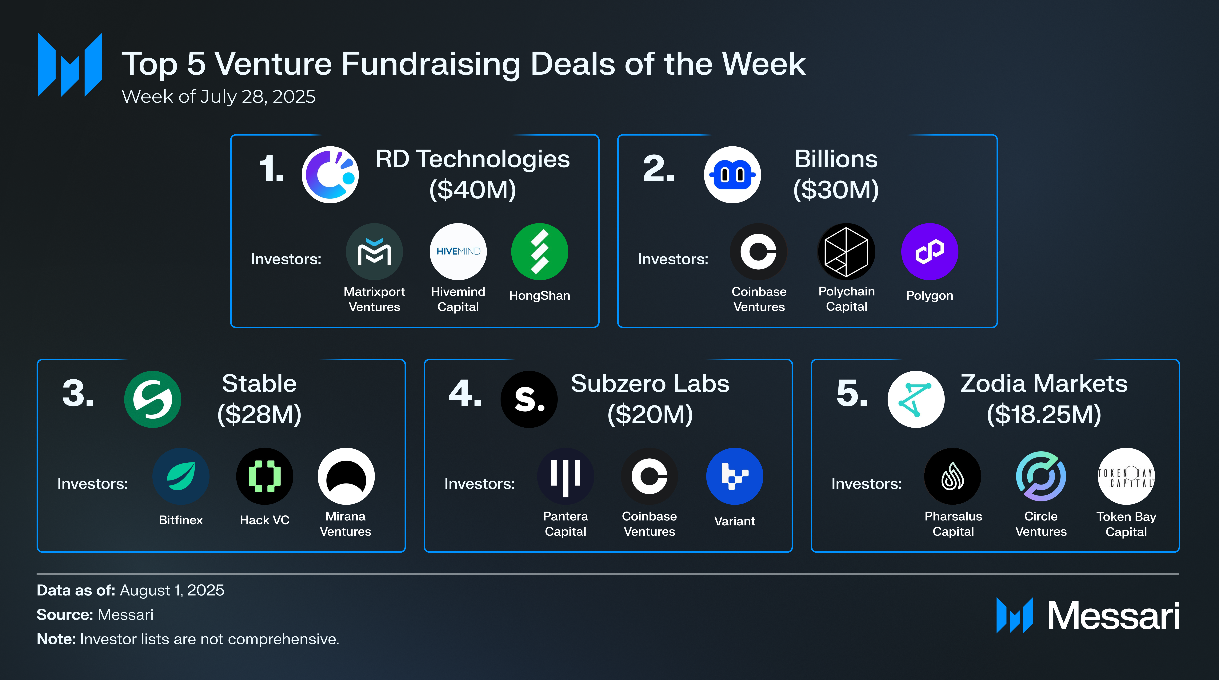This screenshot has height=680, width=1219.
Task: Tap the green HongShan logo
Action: (539, 251)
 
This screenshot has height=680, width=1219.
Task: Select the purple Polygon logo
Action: (929, 251)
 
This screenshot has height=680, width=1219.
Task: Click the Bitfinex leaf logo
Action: (181, 476)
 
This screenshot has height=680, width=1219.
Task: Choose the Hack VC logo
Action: (265, 476)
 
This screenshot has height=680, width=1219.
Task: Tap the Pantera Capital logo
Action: (566, 476)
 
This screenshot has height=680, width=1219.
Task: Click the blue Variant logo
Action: (734, 476)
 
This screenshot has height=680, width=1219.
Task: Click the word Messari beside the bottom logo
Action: (1113, 616)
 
